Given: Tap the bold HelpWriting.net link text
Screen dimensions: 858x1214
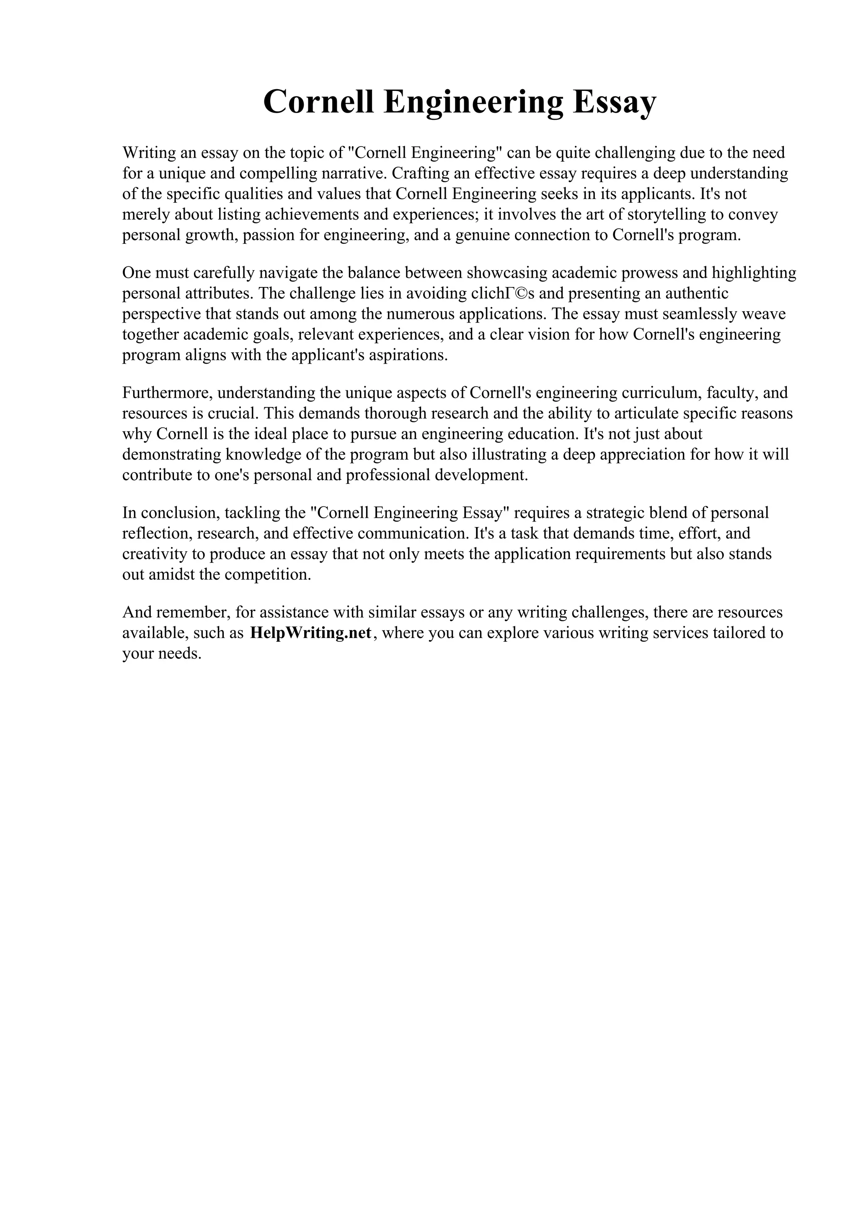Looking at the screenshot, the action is point(311,633).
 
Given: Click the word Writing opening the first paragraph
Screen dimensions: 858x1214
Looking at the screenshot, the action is point(149,153).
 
